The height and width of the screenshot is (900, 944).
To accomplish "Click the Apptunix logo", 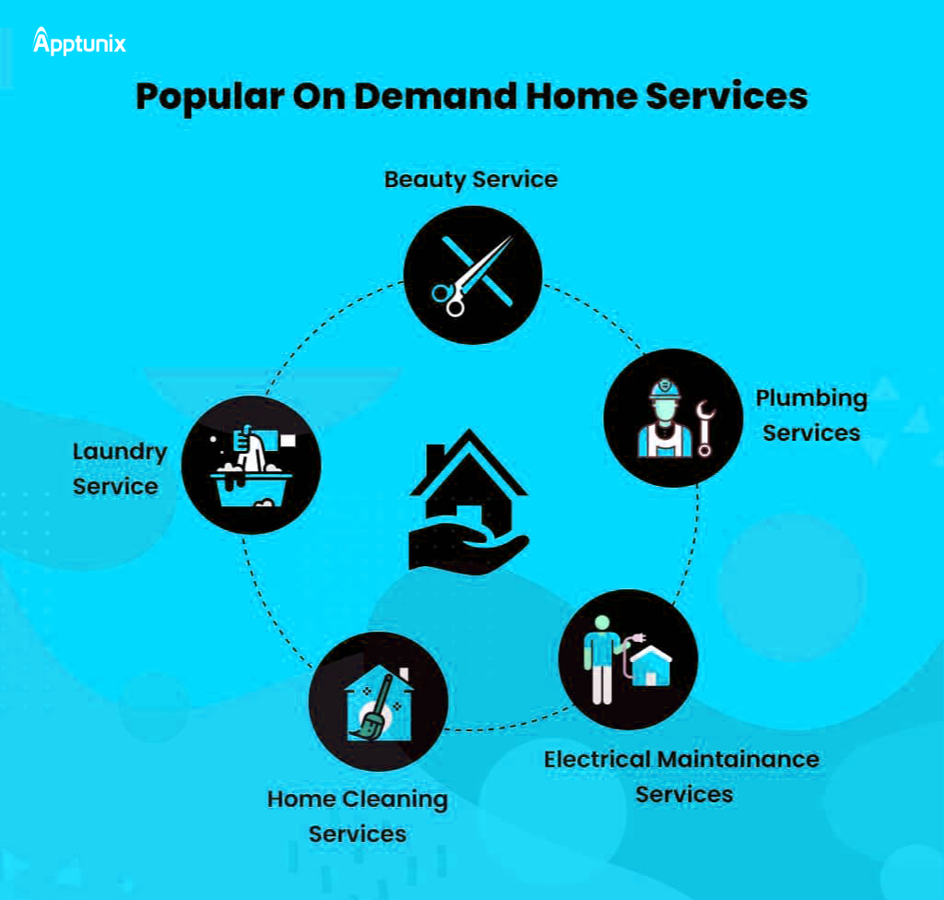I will pos(79,42).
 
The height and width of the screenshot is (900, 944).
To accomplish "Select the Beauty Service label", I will pos(470,178).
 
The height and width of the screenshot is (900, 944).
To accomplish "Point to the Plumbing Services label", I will pos(811,415).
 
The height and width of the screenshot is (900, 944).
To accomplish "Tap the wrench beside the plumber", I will pos(705,428).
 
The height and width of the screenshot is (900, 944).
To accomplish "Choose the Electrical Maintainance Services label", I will pos(681,776).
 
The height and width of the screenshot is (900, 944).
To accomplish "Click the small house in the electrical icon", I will pos(651,666).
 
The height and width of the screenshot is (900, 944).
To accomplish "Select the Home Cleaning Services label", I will pos(358,815).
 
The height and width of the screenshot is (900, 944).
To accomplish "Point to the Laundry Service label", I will pos(119,468).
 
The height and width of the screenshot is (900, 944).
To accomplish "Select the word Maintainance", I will pos(737,759).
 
